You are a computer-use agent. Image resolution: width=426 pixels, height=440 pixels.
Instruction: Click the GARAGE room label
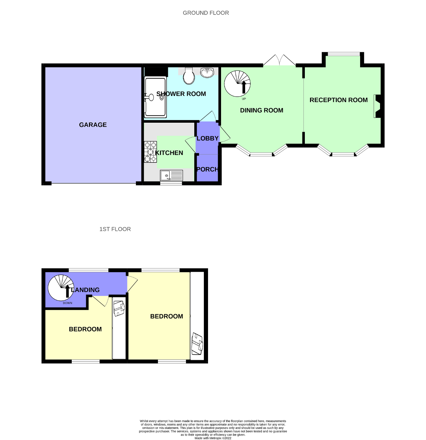[93, 125]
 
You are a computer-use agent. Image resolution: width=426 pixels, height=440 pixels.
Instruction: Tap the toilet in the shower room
[189, 76]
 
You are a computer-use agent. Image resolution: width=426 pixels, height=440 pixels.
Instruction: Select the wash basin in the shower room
[207, 73]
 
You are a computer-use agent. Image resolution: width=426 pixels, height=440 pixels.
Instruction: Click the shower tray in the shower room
[156, 97]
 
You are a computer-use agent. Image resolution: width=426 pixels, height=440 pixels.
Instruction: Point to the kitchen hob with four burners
[150, 152]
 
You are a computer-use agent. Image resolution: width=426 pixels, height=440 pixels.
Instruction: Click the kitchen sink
[172, 176]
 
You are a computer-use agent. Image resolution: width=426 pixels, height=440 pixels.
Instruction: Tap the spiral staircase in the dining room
[237, 84]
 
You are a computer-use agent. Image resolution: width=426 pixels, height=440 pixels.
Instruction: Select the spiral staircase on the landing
[61, 287]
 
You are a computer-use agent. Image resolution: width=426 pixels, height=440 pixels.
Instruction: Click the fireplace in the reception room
[377, 107]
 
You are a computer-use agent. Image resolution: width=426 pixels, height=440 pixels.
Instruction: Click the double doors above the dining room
[279, 60]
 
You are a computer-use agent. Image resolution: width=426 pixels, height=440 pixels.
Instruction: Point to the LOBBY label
[207, 139]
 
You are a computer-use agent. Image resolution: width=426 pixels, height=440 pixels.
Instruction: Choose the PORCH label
[207, 169]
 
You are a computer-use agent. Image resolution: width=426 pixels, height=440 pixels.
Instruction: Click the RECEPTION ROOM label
[338, 100]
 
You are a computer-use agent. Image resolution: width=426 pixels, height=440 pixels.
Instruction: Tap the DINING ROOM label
[262, 110]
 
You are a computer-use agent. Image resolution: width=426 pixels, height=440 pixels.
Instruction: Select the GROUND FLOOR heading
[206, 13]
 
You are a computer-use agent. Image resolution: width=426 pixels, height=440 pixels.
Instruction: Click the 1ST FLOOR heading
[115, 229]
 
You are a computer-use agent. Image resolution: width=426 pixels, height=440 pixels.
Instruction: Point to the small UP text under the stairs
[244, 99]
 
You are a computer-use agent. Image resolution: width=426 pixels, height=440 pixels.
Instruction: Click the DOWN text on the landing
[68, 303]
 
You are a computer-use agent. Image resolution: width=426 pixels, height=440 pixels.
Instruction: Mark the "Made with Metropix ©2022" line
[213, 438]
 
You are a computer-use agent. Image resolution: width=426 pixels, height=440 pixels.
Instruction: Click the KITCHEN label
[169, 153]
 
